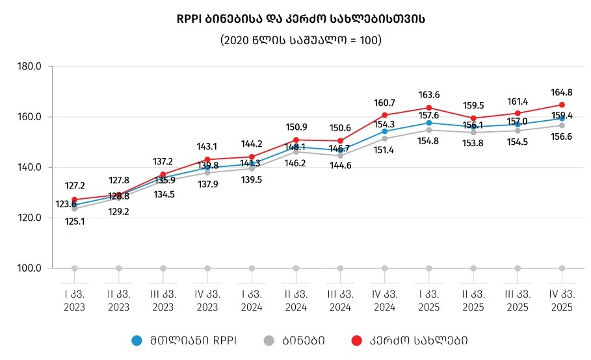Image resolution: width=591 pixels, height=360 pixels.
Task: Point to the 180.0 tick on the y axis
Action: [x=29, y=66]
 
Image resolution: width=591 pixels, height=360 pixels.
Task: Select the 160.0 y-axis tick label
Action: [x=29, y=117]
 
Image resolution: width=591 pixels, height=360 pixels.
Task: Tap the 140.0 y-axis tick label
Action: [x=29, y=167]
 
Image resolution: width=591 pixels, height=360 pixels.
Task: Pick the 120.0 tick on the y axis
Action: [x=29, y=218]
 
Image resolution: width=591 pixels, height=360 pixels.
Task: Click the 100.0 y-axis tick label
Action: [x=29, y=268]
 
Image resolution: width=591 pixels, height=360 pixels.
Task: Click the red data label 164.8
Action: [x=562, y=92]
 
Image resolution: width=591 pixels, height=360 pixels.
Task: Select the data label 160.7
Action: [x=384, y=103]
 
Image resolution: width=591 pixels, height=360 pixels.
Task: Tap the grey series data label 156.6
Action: [x=562, y=137]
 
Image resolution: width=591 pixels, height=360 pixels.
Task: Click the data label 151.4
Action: [x=384, y=150]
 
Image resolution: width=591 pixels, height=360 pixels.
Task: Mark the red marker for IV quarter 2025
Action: [x=562, y=105]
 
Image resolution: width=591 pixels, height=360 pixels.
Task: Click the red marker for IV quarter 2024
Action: [x=384, y=115]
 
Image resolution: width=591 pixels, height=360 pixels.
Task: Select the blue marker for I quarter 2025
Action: [x=428, y=123]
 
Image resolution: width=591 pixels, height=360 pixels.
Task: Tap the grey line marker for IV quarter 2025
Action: [x=562, y=125]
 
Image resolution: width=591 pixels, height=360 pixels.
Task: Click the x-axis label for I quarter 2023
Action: [x=74, y=300]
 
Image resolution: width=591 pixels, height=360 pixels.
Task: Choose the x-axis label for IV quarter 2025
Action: [x=562, y=300]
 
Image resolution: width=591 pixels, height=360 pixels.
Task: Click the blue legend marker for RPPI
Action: [x=137, y=340]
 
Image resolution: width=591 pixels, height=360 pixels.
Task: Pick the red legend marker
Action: [x=356, y=340]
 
